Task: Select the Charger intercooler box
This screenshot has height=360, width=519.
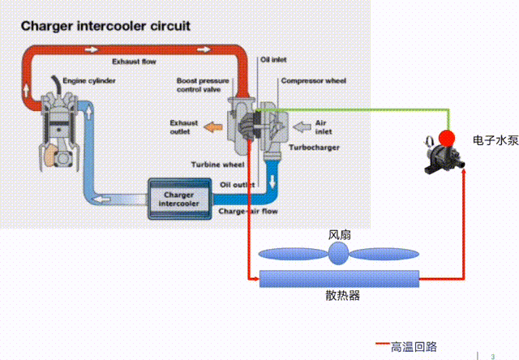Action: [x=178, y=199]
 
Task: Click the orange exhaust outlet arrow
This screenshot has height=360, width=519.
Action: [x=212, y=126]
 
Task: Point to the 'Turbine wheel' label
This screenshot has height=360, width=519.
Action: [x=217, y=164]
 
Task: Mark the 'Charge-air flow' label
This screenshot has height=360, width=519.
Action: [x=248, y=212]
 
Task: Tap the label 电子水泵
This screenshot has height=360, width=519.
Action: [x=495, y=140]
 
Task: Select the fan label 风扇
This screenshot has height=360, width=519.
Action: [x=339, y=235]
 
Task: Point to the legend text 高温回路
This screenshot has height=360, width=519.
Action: [x=413, y=346]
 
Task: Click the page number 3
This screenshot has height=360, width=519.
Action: [x=492, y=354]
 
